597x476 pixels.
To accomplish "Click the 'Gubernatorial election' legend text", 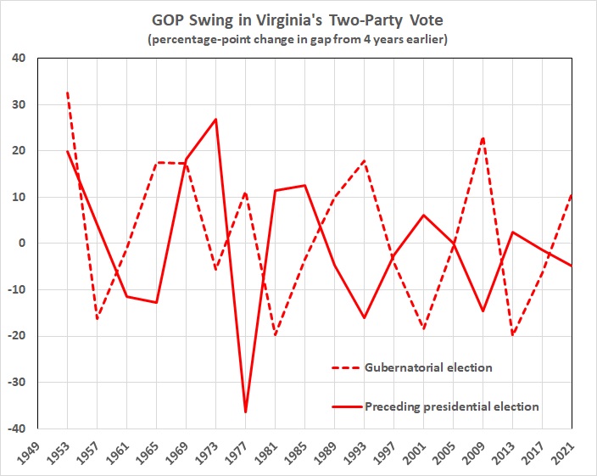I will click(x=428, y=367).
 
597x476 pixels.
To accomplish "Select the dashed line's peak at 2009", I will click(x=483, y=137).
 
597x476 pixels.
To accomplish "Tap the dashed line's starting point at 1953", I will click(x=66, y=92).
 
